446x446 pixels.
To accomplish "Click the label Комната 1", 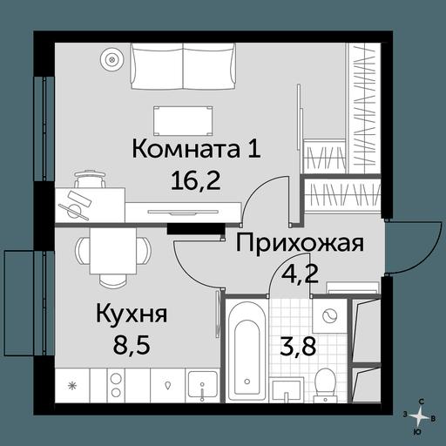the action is (196, 149).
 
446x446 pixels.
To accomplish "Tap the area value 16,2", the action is (196, 179).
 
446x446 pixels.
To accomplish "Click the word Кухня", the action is (132, 314).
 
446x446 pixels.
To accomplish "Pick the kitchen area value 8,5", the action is (132, 344).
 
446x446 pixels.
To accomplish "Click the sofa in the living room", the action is (183, 66).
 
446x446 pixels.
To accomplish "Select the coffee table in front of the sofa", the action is (183, 120).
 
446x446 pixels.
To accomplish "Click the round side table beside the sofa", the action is (111, 60).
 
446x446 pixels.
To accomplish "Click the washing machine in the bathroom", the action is (330, 315).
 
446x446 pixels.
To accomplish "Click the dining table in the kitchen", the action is (113, 250).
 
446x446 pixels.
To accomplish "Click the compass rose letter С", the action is (421, 402).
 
